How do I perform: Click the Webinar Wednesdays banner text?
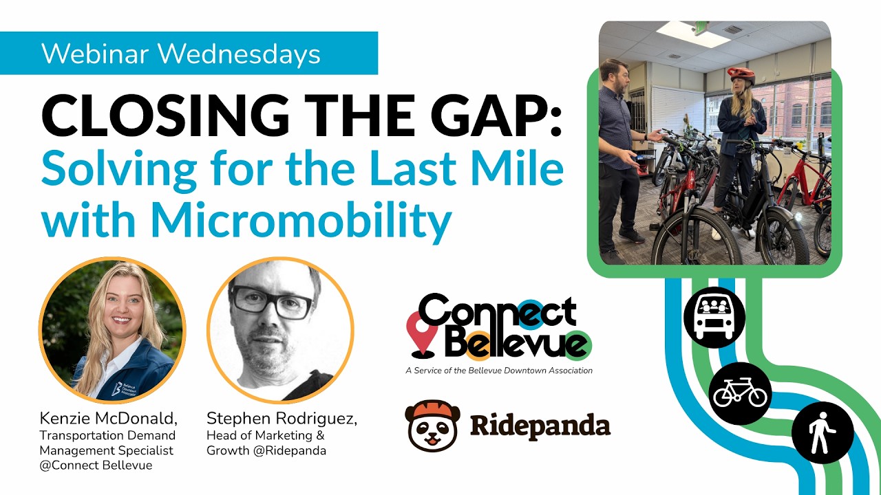181,54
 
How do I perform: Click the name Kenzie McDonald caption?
109,419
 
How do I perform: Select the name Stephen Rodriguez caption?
282,419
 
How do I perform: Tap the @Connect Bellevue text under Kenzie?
96,465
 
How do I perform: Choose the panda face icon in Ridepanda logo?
432,426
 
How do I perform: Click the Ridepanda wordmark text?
540,426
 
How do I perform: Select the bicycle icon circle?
740,394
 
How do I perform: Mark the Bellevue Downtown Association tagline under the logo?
499,371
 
